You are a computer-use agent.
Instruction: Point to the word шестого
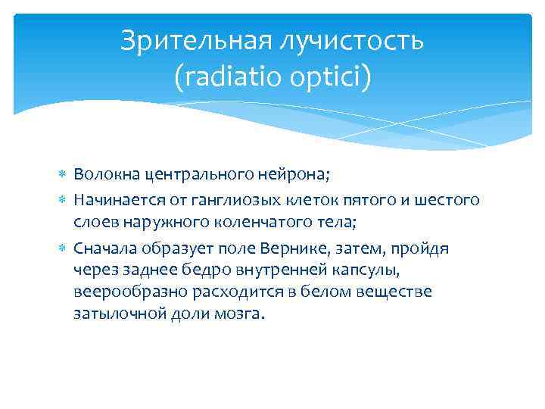pyautogui.click(x=450, y=200)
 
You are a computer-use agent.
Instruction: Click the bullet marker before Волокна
pyautogui.click(x=64, y=176)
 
